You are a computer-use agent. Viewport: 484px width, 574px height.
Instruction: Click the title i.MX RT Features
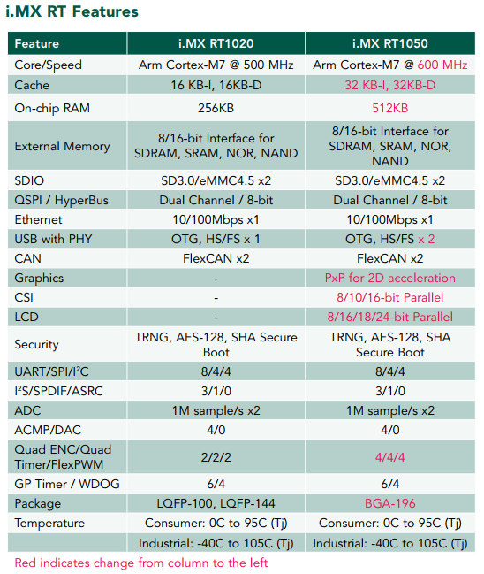pyautogui.click(x=72, y=11)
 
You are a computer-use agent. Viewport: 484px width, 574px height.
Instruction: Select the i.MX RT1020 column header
pyautogui.click(x=216, y=43)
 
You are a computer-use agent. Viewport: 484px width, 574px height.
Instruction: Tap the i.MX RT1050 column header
pyautogui.click(x=390, y=43)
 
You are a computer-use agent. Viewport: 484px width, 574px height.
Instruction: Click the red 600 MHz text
pyautogui.click(x=442, y=65)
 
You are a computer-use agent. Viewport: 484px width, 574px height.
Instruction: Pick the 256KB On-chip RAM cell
pyautogui.click(x=216, y=109)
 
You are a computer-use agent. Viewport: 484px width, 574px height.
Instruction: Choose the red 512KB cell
pyautogui.click(x=390, y=109)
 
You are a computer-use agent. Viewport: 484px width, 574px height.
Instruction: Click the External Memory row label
pyautogui.click(x=62, y=147)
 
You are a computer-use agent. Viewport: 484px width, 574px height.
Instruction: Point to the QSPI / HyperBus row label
pyautogui.click(x=62, y=201)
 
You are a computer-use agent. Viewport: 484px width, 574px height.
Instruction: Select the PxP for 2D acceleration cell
pyautogui.click(x=390, y=279)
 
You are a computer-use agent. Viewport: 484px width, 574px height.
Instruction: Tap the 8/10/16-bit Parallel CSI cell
pyautogui.click(x=390, y=298)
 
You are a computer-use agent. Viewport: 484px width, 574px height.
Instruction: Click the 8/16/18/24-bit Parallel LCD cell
pyautogui.click(x=390, y=317)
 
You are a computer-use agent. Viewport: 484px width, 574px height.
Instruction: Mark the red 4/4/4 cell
pyautogui.click(x=390, y=457)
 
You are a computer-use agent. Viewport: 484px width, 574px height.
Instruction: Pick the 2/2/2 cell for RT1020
pyautogui.click(x=216, y=457)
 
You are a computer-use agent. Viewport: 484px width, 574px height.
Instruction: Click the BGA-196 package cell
pyautogui.click(x=390, y=504)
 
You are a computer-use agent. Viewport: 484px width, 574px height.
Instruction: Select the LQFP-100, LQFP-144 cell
pyautogui.click(x=216, y=504)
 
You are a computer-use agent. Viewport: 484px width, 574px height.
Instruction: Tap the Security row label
pyautogui.click(x=36, y=344)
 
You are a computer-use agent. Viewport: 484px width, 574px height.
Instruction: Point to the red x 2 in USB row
pyautogui.click(x=427, y=240)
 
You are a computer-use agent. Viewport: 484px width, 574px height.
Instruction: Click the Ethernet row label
pyautogui.click(x=38, y=220)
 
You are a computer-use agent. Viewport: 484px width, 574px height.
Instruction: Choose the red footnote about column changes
pyautogui.click(x=141, y=563)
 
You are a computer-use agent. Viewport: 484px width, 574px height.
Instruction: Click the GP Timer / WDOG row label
pyautogui.click(x=67, y=485)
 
